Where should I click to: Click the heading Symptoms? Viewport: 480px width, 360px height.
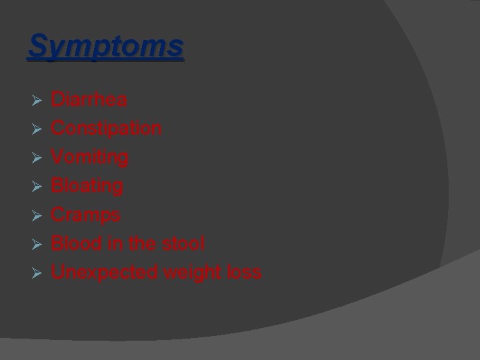click(105, 47)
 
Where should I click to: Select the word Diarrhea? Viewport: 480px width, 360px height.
click(89, 100)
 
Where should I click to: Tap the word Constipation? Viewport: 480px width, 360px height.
click(106, 128)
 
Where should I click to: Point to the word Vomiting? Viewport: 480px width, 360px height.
click(90, 157)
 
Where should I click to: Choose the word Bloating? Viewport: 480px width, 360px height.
click(87, 186)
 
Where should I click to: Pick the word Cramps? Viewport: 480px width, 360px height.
click(86, 215)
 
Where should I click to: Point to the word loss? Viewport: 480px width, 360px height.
click(244, 273)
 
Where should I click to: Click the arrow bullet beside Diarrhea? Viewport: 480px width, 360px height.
click(37, 100)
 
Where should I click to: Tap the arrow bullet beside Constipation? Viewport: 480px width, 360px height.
click(37, 129)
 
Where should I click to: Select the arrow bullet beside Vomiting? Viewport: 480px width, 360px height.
click(37, 158)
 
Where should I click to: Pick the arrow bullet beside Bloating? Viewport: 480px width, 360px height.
click(37, 187)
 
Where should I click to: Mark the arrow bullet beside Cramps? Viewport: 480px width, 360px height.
click(37, 215)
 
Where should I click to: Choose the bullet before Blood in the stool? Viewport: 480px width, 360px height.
click(37, 245)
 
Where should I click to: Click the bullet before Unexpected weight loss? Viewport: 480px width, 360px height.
click(37, 273)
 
